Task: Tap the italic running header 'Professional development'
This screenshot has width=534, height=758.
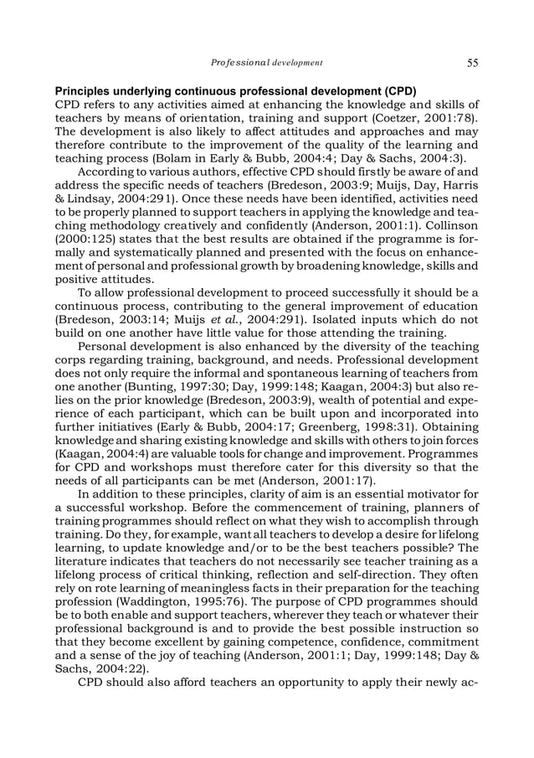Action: click(267, 62)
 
